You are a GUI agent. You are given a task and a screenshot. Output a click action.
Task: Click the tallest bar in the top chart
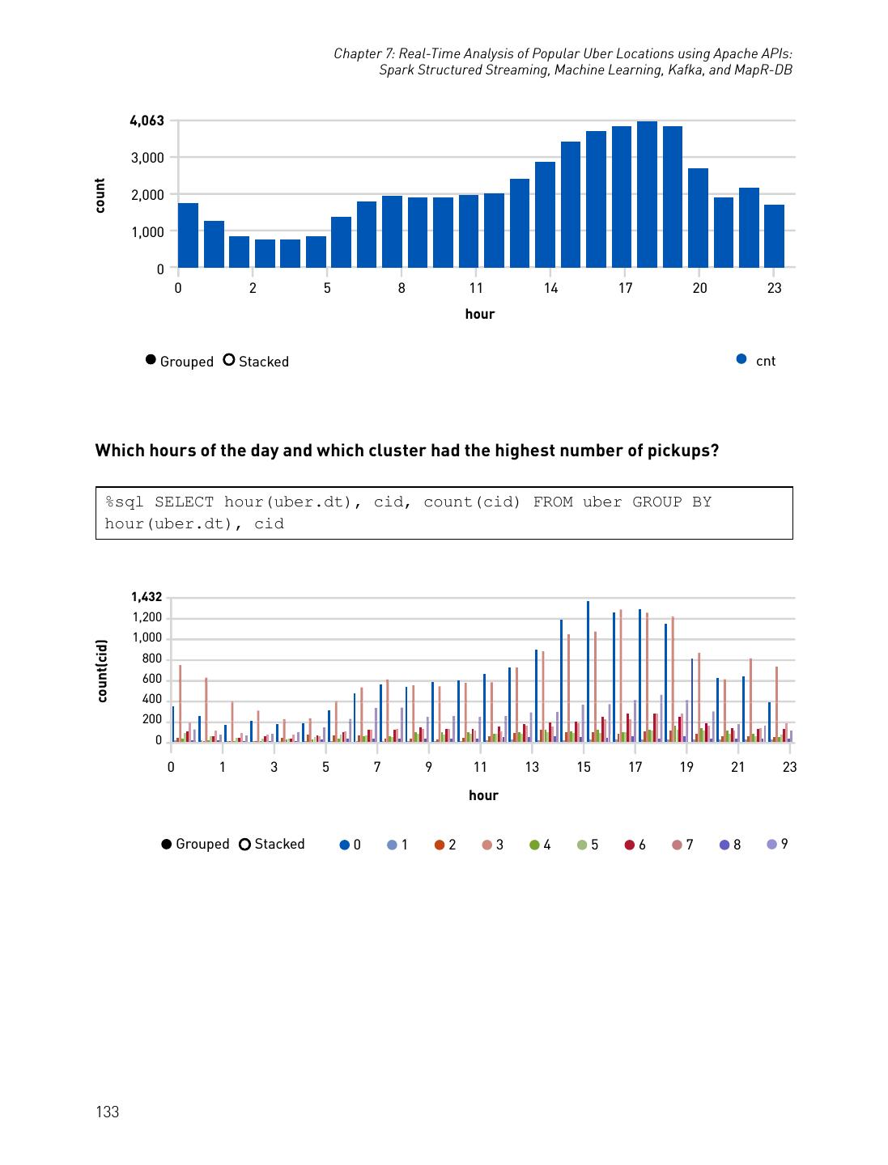[647, 194]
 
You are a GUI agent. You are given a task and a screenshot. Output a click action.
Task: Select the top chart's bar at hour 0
[188, 235]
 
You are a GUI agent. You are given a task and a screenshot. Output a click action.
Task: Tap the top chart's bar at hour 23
[774, 236]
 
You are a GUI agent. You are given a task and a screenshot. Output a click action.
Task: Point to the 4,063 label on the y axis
[147, 121]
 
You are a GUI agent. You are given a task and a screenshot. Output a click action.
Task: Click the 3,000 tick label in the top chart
[147, 158]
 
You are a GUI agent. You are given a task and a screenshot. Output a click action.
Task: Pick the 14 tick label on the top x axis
[550, 288]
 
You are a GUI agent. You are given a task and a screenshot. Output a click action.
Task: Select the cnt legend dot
[741, 360]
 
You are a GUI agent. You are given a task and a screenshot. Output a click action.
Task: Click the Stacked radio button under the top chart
[229, 361]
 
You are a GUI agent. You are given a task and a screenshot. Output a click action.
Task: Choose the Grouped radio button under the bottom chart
[167, 844]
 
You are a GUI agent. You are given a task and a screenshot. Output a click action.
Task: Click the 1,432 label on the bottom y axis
[147, 597]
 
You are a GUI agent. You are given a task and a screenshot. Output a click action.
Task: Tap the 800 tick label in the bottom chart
[151, 659]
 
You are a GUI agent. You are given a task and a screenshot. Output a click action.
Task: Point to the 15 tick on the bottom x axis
[584, 767]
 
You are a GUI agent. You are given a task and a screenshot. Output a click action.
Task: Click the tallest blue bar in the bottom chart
[588, 671]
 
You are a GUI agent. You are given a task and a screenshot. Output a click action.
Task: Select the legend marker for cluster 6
[629, 845]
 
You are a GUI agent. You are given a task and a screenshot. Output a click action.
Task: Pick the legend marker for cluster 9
[771, 845]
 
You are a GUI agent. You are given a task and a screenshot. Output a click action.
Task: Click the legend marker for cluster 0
[345, 845]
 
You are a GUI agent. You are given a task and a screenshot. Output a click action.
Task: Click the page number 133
[107, 1112]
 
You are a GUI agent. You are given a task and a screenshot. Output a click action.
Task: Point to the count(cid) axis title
[102, 671]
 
